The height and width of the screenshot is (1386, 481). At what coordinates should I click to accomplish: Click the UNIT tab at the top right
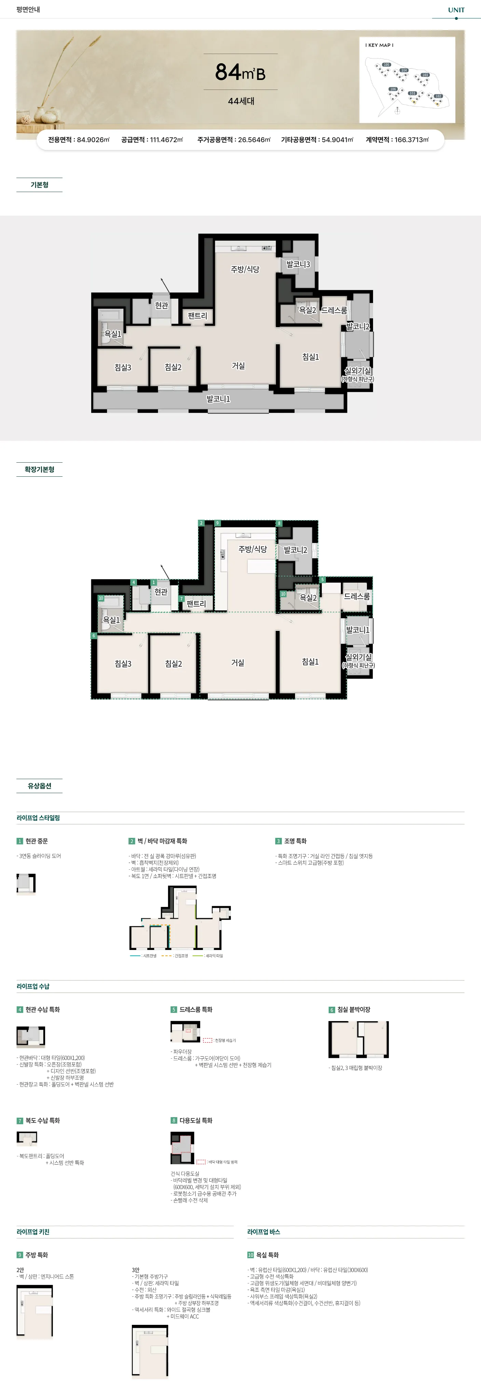coord(456,10)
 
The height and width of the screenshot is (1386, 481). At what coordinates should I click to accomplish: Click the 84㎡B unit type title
coord(240,71)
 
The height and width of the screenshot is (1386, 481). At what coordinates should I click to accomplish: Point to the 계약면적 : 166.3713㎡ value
coord(397,140)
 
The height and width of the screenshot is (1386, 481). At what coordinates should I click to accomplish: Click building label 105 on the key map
coord(386,65)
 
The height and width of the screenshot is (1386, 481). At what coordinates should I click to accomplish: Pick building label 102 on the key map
coord(439,96)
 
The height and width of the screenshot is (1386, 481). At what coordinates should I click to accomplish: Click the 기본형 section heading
coord(39,185)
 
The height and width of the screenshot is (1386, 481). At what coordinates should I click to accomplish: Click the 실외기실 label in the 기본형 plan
coord(357,371)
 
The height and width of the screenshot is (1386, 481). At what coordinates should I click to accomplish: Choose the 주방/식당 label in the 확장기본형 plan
coord(252,549)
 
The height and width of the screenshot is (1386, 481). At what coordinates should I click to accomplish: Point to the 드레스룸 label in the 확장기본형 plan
coord(357,596)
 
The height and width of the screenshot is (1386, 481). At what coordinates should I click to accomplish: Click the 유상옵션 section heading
coord(39,786)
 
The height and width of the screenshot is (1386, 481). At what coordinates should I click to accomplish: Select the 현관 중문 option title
coord(37,841)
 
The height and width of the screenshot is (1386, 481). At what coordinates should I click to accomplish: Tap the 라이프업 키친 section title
coord(33,1232)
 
